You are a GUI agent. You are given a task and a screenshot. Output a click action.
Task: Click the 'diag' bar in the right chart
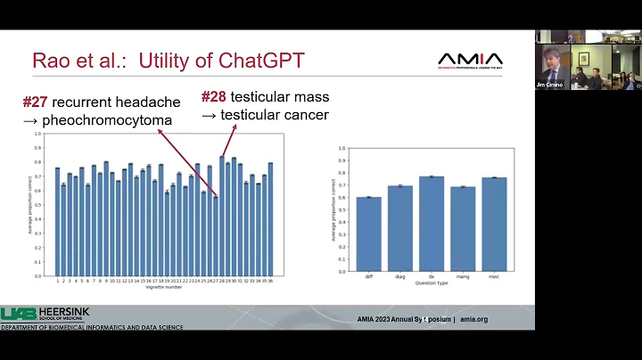[399, 228]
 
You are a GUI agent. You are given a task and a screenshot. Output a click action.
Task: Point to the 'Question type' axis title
[432, 282]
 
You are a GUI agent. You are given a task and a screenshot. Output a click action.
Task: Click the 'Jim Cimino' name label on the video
[547, 85]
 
